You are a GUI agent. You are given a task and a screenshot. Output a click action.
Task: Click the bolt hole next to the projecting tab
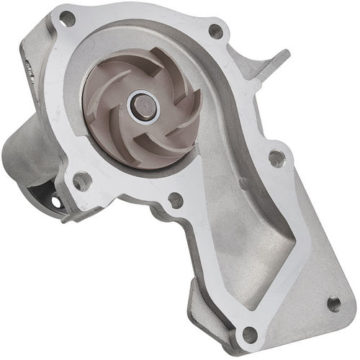click(x=215, y=31)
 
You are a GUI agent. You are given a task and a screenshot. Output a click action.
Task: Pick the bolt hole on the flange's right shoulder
click(x=276, y=158)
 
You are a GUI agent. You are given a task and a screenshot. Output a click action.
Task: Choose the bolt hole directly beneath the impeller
click(x=175, y=200)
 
